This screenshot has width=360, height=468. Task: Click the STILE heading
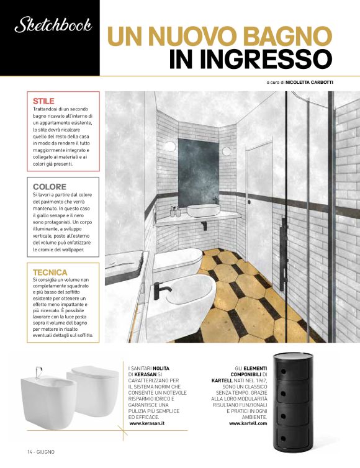click(43, 101)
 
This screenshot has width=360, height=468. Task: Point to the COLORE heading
click(50, 186)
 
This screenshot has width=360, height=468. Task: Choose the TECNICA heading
click(51, 272)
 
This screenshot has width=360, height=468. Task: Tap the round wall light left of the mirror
click(168, 146)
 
